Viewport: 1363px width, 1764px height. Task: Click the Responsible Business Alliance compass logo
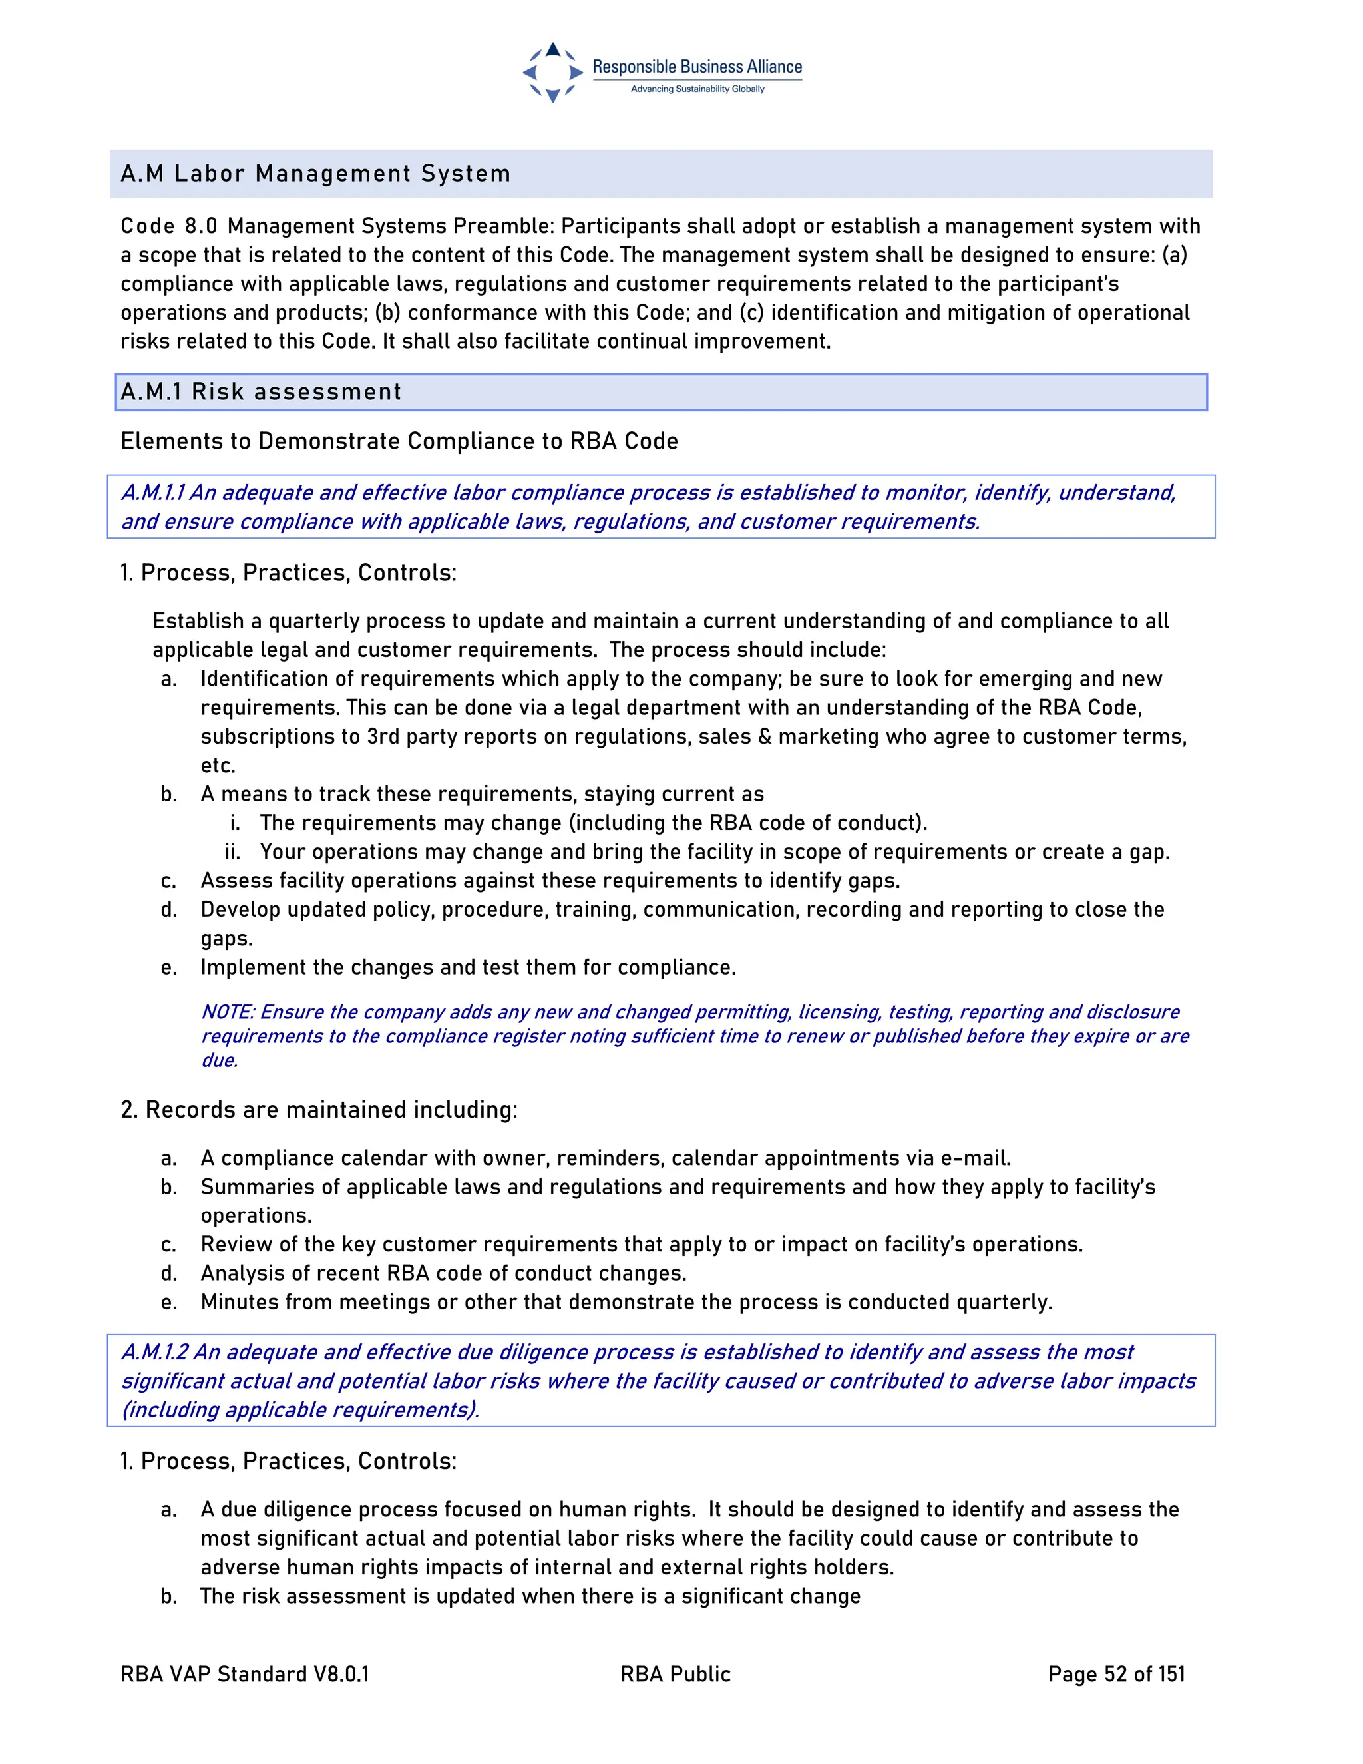(552, 72)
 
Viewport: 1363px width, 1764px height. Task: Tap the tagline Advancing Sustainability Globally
(697, 89)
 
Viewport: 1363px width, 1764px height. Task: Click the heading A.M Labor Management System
(315, 174)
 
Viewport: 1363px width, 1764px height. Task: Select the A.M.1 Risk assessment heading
(260, 391)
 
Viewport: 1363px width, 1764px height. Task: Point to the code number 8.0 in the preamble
(201, 226)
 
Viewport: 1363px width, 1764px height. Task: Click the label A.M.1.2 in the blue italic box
(154, 1352)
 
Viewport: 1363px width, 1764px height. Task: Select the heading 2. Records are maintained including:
(318, 1110)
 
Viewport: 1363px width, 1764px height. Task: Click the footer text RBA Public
(675, 1674)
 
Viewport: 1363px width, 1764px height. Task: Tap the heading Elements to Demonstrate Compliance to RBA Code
(399, 441)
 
